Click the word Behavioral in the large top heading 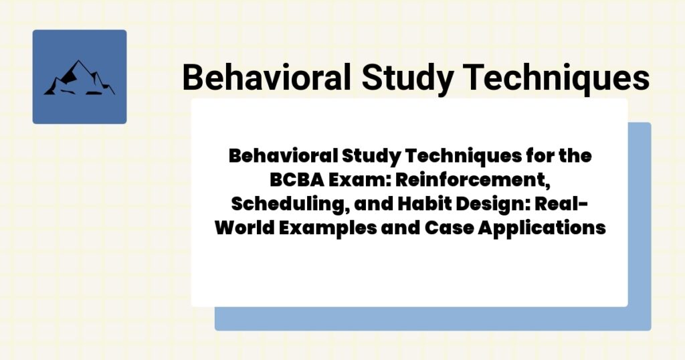click(266, 78)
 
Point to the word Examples click(334, 228)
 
